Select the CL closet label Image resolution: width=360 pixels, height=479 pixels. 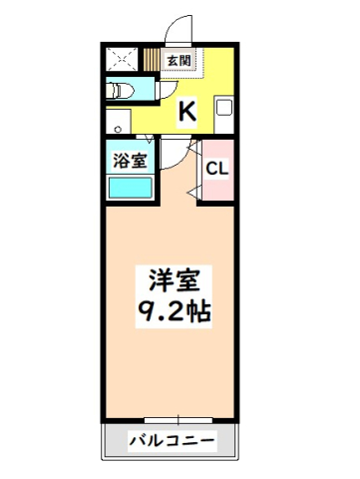tap(217, 168)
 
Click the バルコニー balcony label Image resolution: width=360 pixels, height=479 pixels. tap(170, 440)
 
